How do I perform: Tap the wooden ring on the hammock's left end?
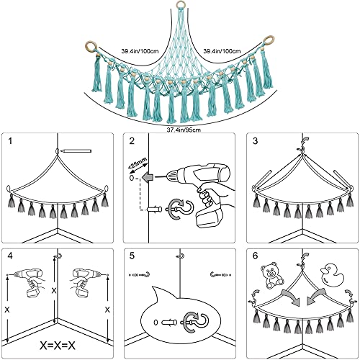point(86,45)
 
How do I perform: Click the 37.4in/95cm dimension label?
point(184,130)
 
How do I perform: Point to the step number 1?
point(9,141)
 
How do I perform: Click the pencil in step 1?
point(76,151)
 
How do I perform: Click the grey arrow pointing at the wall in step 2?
point(148,178)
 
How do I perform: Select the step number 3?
point(255,141)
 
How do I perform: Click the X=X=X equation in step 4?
point(58,346)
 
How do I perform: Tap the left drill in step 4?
point(30,283)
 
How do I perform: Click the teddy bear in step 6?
point(271,276)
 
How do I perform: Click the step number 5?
point(132,256)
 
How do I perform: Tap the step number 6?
point(255,256)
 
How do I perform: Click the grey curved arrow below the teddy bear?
point(291,297)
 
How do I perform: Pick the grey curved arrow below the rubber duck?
point(316,297)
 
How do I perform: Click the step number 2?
point(132,141)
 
